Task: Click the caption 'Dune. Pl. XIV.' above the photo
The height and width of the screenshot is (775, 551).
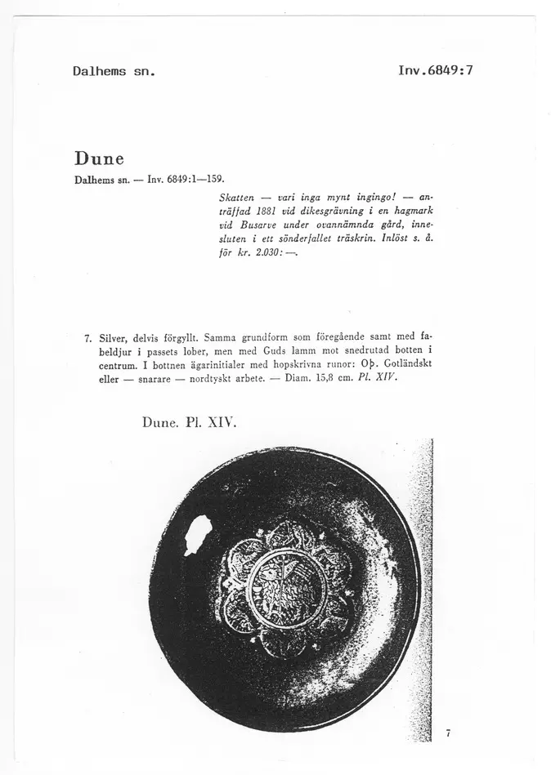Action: pyautogui.click(x=188, y=424)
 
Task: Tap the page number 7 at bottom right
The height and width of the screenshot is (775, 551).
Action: pyautogui.click(x=449, y=733)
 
